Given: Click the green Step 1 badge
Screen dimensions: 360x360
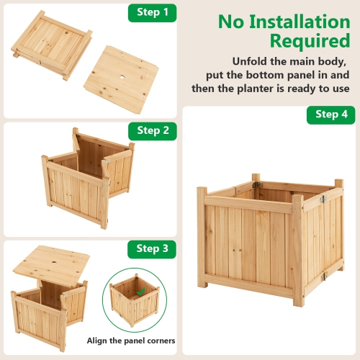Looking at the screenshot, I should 152,12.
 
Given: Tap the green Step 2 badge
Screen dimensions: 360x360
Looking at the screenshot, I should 152,130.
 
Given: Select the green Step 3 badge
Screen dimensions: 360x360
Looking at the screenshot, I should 152,249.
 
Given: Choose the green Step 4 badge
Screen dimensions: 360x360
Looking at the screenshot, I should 330,114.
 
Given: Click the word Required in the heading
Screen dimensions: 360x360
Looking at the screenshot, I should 310,40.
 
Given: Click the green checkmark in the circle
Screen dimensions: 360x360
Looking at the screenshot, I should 141,292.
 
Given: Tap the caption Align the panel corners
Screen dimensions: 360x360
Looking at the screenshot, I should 130,341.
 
